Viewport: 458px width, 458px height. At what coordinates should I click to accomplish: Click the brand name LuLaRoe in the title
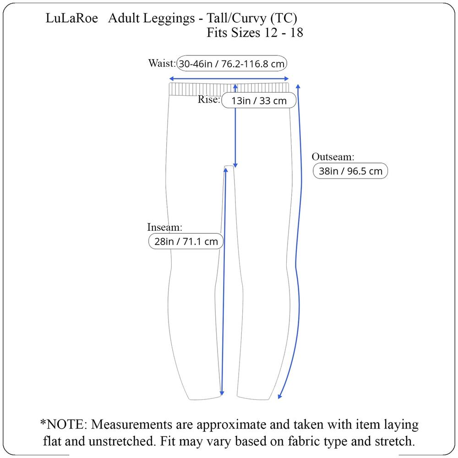[x=71, y=18]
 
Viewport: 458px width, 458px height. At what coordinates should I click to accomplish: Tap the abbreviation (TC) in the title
[x=284, y=19]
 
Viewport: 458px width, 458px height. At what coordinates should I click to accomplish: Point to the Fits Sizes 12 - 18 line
[x=255, y=33]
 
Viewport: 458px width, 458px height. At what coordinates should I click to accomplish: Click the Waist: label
[x=162, y=63]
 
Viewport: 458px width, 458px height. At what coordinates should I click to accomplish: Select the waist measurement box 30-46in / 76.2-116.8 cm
[x=232, y=63]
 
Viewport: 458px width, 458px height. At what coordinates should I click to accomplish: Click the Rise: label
[x=209, y=99]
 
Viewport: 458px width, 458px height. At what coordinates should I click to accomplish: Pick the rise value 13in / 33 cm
[x=259, y=100]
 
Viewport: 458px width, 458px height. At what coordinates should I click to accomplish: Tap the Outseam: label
[x=333, y=157]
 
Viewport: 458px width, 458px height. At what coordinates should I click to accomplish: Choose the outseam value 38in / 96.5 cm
[x=350, y=171]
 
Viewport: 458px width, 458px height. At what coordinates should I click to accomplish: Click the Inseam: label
[x=165, y=227]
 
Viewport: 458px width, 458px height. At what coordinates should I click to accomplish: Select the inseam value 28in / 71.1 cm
[x=186, y=241]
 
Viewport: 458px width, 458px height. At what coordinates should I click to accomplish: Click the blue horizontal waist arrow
[x=229, y=79]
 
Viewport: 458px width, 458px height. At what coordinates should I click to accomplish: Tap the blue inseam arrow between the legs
[x=224, y=282]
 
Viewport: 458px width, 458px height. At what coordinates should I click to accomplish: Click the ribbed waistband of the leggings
[x=229, y=89]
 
